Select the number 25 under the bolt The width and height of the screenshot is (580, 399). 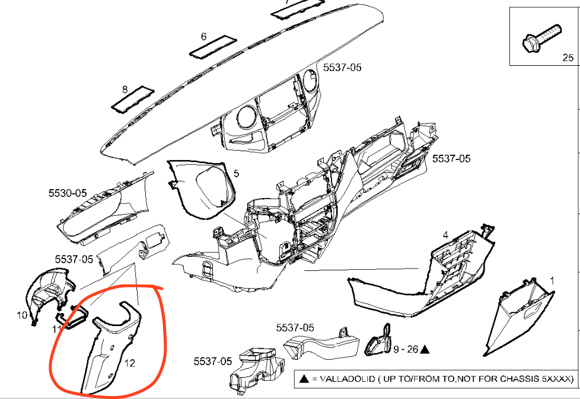tap(568, 58)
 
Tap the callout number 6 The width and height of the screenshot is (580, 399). tap(203, 37)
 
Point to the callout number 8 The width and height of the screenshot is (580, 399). tap(125, 90)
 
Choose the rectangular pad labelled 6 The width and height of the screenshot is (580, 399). tap(212, 47)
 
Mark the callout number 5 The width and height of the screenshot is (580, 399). tap(236, 174)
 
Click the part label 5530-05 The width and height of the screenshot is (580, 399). tap(68, 193)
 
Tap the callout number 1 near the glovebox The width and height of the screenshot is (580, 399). tap(552, 279)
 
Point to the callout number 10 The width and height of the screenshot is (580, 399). tap(22, 315)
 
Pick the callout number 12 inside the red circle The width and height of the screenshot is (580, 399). tap(129, 363)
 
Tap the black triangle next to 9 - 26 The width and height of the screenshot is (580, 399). tap(425, 350)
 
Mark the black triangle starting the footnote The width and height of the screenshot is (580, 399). tap(304, 378)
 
